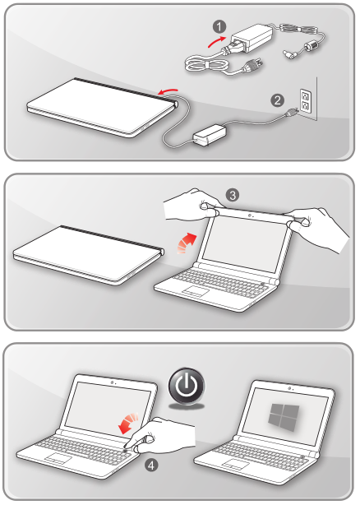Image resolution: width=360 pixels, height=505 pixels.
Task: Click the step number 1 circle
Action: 218,24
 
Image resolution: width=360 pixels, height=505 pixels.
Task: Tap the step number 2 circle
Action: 278,100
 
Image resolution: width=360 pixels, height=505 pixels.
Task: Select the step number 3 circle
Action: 233,195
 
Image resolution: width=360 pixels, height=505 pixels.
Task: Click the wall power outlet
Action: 306,102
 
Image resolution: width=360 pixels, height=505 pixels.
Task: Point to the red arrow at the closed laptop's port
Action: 167,89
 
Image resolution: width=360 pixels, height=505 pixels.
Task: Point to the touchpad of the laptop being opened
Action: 196,292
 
